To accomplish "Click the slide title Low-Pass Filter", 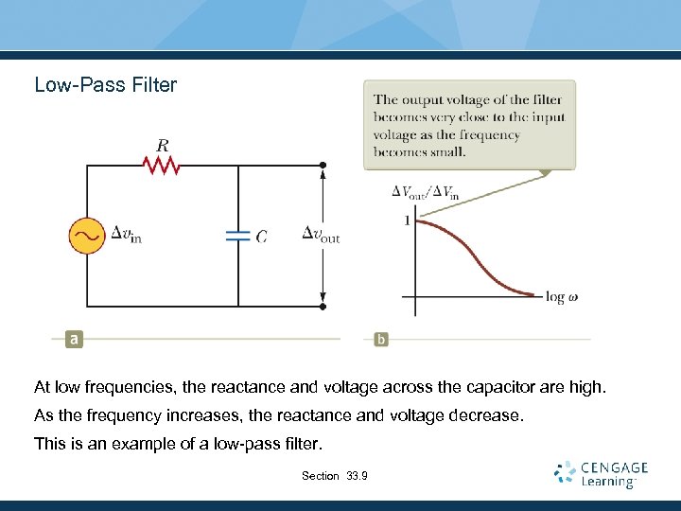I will (105, 85).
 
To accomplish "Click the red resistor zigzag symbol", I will (162, 167).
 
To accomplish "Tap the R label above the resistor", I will (163, 146).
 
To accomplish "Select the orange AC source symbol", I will (87, 236).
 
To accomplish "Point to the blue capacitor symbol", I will (237, 236).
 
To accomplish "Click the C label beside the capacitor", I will (261, 236).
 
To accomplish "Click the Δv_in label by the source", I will (127, 235).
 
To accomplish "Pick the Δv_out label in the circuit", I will (321, 235).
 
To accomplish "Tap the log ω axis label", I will (562, 297).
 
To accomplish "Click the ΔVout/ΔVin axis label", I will (426, 193).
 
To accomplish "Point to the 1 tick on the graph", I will (407, 221).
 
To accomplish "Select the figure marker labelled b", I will (381, 339).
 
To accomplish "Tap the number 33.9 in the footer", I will (357, 475).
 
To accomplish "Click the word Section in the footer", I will (320, 475).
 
